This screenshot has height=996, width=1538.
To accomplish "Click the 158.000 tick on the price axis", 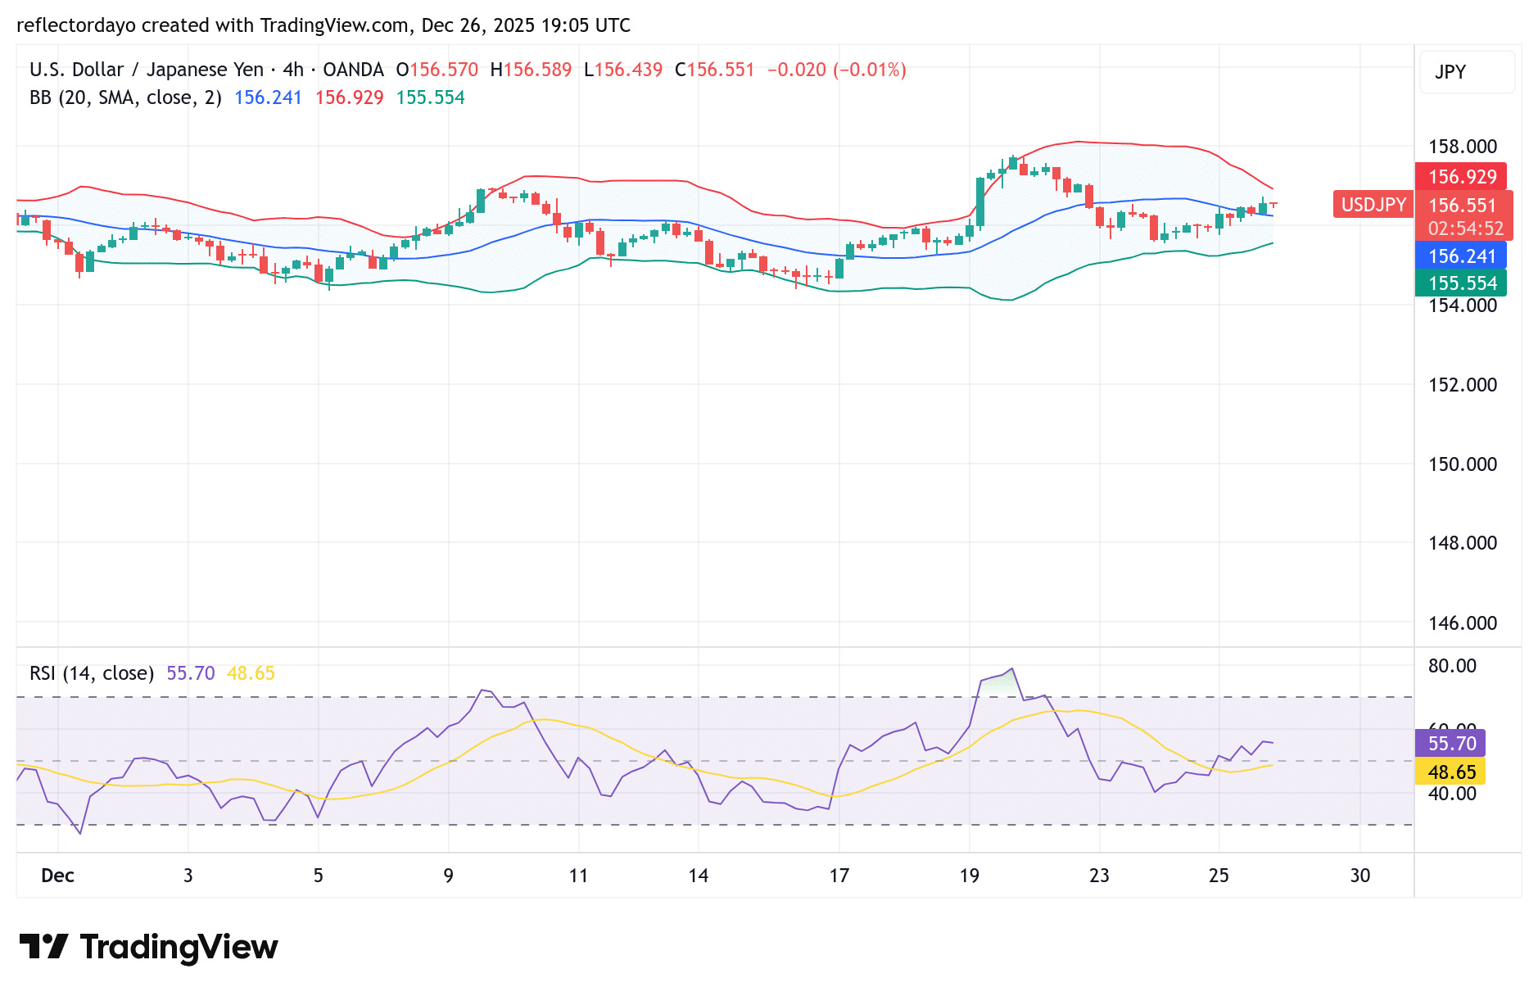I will [1462, 147].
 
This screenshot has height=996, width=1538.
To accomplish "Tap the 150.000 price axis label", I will [1462, 464].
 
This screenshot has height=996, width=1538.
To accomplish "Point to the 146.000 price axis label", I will [1462, 623].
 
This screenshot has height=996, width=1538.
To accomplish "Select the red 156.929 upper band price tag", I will [1461, 176].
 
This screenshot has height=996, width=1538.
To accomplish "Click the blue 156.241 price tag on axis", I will [1461, 256].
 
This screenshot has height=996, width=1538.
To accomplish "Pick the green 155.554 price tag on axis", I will [1461, 283].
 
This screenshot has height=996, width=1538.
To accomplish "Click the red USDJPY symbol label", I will [1373, 205].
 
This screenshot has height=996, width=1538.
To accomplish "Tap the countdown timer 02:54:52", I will [1465, 229].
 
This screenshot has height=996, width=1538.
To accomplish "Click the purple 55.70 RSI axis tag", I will [1450, 743].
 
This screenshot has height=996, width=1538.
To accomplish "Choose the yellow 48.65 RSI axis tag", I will [1450, 772].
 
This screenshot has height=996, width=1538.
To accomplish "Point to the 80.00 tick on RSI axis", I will [1451, 666].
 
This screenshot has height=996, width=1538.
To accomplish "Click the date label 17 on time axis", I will [839, 876].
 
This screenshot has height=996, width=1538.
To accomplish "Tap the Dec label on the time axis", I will [57, 876].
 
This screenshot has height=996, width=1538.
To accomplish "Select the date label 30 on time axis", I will [1359, 876].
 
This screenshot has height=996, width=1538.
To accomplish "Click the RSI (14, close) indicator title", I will [92, 673].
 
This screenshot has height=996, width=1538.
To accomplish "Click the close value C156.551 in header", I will [714, 70].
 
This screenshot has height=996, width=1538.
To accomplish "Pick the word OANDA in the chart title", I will [353, 70].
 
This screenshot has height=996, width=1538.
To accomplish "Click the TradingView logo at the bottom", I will [149, 947].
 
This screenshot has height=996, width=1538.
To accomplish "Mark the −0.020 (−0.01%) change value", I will [836, 70].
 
